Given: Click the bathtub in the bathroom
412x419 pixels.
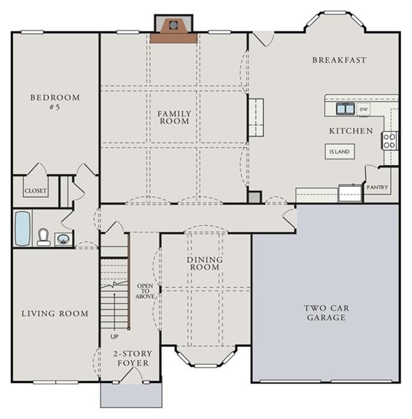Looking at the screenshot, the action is pyautogui.click(x=22, y=228).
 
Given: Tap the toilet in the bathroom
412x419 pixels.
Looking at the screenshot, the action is pyautogui.click(x=43, y=237).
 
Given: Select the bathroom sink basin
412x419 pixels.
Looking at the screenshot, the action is pyautogui.click(x=63, y=239).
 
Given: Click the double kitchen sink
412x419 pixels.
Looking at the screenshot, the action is pyautogui.click(x=345, y=109).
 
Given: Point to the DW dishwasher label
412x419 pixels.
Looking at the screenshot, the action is pyautogui.click(x=364, y=110).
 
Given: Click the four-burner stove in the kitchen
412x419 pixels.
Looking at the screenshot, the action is pyautogui.click(x=389, y=141).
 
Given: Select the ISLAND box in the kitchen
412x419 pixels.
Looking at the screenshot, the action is pyautogui.click(x=340, y=151).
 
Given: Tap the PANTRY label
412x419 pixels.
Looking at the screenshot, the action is pyautogui.click(x=377, y=188).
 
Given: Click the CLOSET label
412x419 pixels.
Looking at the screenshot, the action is pyautogui.click(x=35, y=191).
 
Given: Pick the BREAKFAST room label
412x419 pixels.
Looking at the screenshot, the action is pyautogui.click(x=339, y=60).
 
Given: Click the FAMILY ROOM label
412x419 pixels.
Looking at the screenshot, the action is pyautogui.click(x=174, y=117).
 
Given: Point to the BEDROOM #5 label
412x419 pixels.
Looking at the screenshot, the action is pyautogui.click(x=55, y=102).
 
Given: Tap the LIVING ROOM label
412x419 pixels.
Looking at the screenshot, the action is pyautogui.click(x=55, y=313).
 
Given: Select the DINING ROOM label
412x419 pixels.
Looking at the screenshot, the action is pyautogui.click(x=205, y=263).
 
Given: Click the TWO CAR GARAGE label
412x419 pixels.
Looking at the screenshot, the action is pyautogui.click(x=326, y=313).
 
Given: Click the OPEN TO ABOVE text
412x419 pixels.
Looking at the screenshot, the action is pyautogui.click(x=145, y=291).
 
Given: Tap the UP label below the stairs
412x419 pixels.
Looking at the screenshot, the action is pyautogui.click(x=114, y=336).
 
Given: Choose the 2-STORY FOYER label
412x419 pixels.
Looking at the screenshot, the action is pyautogui.click(x=133, y=358).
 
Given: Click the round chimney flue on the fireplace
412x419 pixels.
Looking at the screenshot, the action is pyautogui.click(x=173, y=25).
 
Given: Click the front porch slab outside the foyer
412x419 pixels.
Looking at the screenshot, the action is pyautogui.click(x=132, y=396).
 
